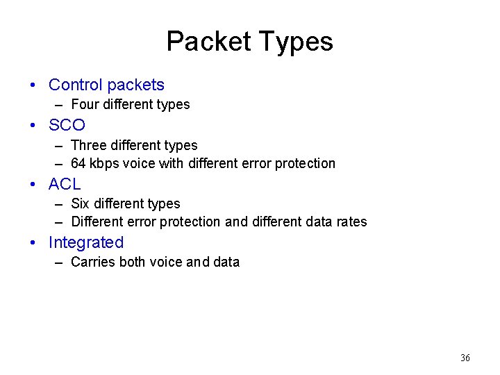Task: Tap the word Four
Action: (85, 105)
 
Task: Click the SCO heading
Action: (67, 125)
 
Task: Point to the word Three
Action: (88, 146)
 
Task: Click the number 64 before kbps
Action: (78, 164)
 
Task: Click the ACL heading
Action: (65, 184)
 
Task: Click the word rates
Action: (351, 222)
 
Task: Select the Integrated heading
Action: (86, 242)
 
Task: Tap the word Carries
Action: (92, 262)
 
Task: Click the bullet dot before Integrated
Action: (33, 243)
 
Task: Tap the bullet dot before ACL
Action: (33, 185)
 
